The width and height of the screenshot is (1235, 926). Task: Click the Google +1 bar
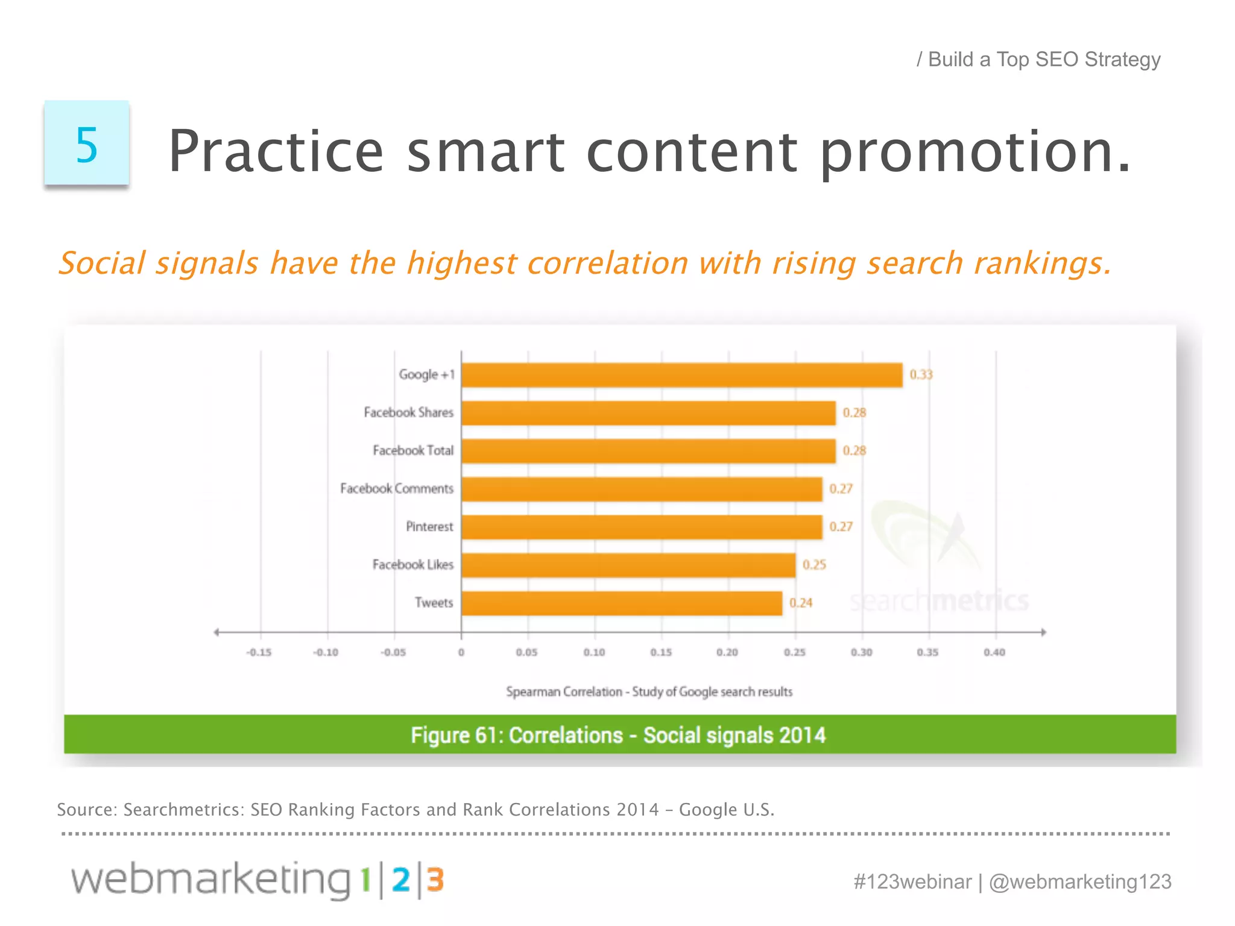681,375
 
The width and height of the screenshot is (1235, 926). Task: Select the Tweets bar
622,603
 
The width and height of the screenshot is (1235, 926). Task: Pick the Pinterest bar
642,527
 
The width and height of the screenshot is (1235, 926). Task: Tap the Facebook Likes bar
628,565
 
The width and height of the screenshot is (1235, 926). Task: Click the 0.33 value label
921,375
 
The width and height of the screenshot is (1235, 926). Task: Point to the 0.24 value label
801,603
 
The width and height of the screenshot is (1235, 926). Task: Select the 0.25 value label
814,565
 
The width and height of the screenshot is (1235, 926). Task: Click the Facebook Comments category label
396,488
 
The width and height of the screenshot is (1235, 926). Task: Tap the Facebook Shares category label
408,412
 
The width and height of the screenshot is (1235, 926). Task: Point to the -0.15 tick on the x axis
259,652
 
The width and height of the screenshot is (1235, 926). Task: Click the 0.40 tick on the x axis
994,652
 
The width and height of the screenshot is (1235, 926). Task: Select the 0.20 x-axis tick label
727,652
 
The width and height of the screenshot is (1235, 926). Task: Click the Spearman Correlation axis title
649,691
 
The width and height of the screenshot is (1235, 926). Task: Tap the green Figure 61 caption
619,735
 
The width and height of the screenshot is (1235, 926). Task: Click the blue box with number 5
86,143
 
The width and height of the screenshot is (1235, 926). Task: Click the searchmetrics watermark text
938,600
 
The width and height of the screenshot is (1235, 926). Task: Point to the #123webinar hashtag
912,881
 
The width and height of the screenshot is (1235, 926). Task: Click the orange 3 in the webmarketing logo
435,880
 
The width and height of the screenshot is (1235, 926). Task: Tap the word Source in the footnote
86,810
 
